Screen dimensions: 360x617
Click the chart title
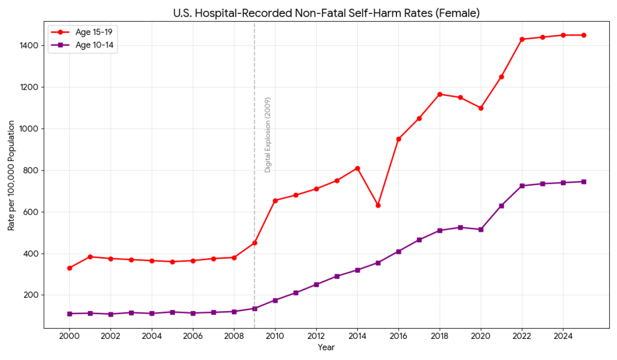click(326, 13)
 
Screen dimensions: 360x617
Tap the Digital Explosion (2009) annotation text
click(268, 135)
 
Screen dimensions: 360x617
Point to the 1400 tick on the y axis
click(31, 46)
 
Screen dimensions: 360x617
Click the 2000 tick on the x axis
click(69, 335)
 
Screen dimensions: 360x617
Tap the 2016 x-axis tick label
click(398, 335)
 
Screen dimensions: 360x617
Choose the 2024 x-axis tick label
click(563, 335)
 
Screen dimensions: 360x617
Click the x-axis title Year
click(326, 347)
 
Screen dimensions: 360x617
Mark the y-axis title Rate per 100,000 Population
click(11, 175)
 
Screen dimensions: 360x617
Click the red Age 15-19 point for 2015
click(378, 206)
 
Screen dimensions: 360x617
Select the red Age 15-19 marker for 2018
click(440, 94)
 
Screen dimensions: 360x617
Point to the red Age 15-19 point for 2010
click(275, 201)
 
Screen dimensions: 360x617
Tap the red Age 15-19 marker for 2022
click(522, 39)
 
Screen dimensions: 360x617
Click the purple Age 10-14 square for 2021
click(501, 206)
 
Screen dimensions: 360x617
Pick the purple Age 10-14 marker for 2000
click(69, 314)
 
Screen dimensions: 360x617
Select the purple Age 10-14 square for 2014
click(357, 270)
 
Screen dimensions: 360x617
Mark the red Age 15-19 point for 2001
click(90, 257)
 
